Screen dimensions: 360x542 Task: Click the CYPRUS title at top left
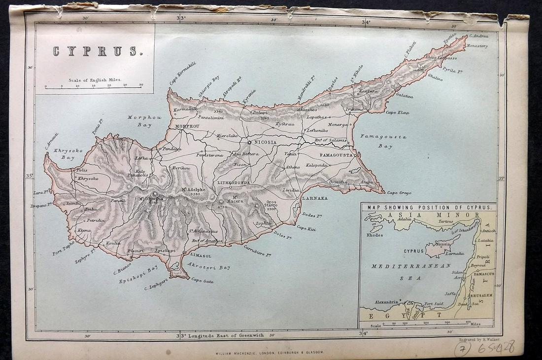95,51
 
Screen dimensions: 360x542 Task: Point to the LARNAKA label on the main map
314,198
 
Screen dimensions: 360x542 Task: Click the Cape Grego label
399,193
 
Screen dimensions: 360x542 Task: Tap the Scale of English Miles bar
94,87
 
